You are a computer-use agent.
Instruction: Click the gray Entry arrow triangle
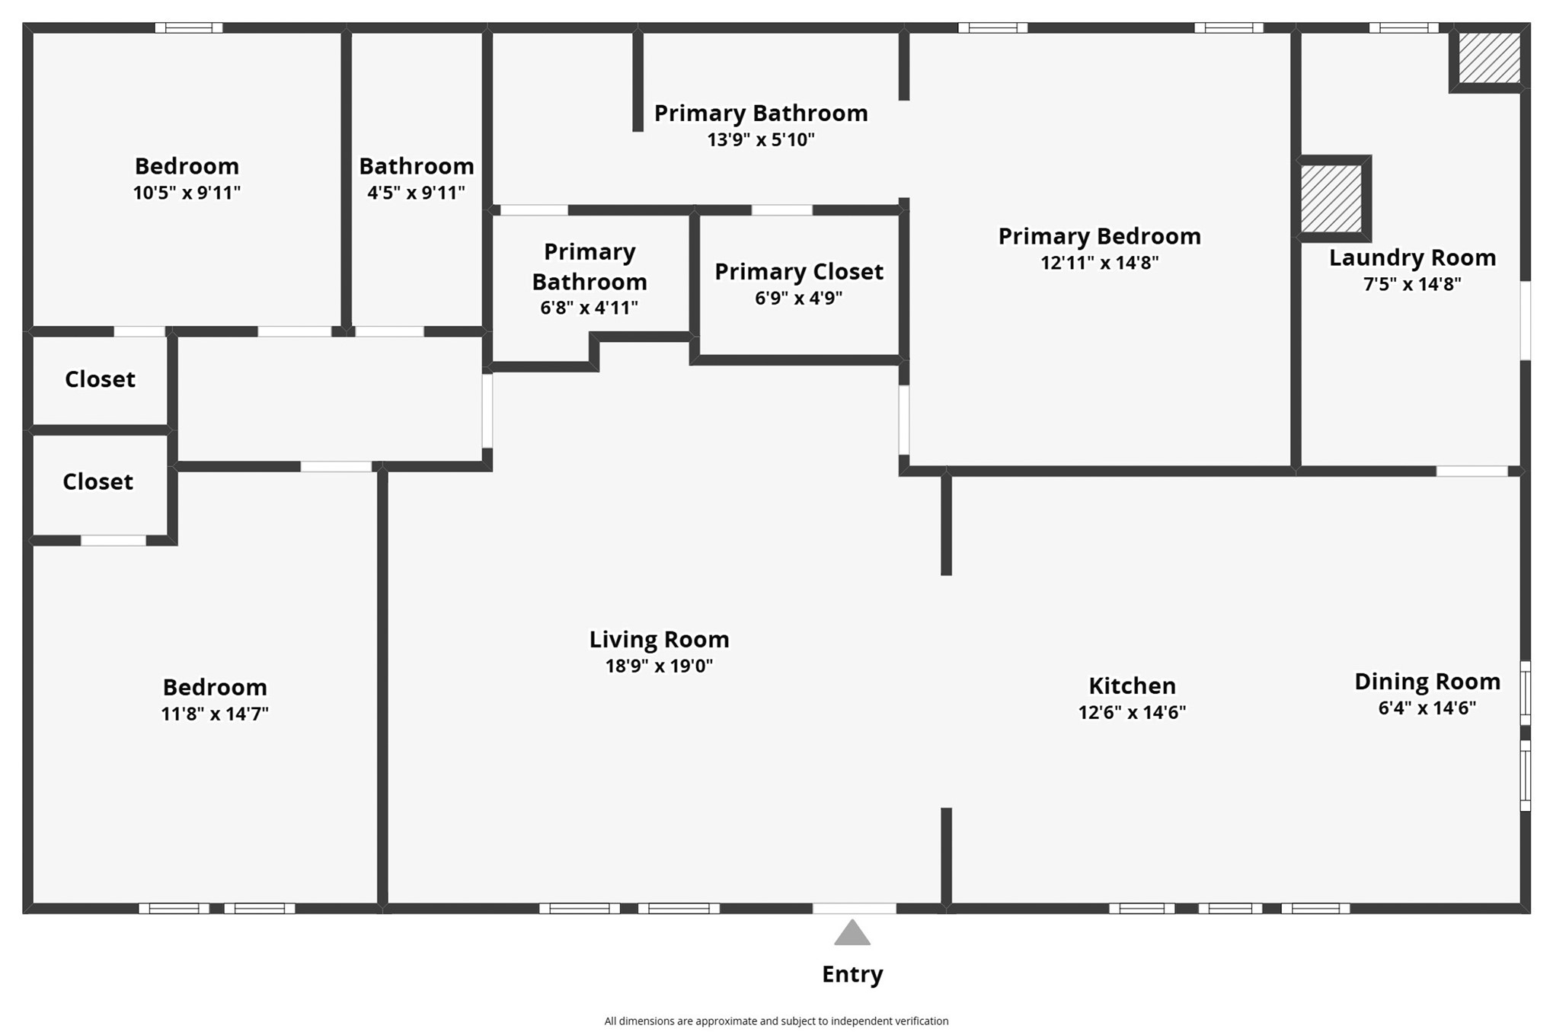[852, 933]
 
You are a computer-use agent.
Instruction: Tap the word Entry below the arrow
[852, 974]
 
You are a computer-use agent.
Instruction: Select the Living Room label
[659, 640]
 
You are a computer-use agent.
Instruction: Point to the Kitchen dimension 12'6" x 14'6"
[1132, 712]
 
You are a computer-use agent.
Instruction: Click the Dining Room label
[1427, 682]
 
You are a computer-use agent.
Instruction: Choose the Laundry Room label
[1412, 258]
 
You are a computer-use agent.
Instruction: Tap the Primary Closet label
[799, 272]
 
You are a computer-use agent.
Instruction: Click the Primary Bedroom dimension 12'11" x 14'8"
[1100, 263]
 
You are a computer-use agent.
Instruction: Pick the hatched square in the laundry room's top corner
[1489, 57]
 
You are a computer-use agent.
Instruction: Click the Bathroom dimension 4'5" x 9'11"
[416, 193]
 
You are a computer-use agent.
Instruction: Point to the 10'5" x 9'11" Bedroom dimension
[187, 193]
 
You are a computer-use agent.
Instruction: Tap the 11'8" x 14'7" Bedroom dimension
[215, 714]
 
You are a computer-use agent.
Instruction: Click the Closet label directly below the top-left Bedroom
[100, 379]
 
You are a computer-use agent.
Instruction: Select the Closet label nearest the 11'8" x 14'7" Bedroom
[97, 482]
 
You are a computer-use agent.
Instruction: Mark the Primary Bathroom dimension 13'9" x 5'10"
[761, 139]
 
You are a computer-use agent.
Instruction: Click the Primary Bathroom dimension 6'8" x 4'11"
[590, 308]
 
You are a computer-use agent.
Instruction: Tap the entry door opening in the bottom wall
[855, 908]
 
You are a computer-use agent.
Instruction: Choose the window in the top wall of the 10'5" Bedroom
[189, 28]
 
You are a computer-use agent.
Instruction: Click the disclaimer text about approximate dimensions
[776, 1021]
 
